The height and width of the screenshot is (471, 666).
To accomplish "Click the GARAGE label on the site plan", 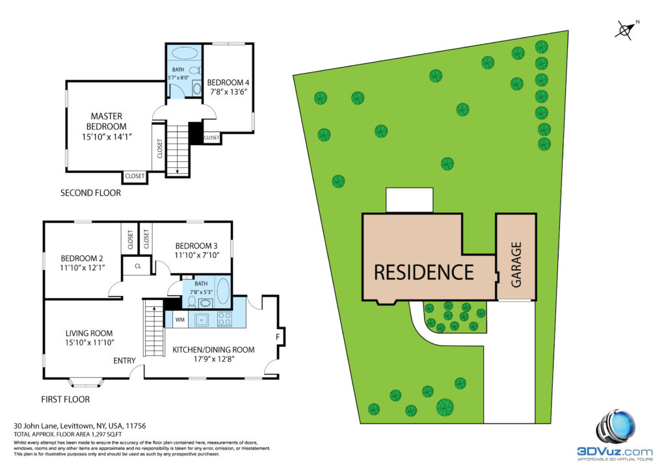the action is point(516,265).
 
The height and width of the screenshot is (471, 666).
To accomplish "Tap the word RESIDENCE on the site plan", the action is point(423,272).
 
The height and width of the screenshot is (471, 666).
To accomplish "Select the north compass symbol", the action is point(626,30).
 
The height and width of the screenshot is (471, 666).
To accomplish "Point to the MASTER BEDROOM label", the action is point(106,121).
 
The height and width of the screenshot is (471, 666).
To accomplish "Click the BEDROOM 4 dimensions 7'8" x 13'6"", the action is point(228,92).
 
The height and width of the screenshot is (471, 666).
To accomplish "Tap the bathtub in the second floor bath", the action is point(184,53).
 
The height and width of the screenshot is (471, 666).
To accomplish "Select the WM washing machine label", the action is point(180,319).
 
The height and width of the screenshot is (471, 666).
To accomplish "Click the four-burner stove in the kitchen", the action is point(224,319).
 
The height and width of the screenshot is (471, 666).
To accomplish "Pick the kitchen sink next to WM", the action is point(202,319).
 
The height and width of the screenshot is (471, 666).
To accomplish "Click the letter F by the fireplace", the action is point(278,337).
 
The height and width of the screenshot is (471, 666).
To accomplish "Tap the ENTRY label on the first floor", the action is point(124,360).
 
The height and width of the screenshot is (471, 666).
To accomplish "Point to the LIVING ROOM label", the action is point(89,333).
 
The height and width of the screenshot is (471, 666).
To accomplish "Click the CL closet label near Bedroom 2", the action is point(138,266).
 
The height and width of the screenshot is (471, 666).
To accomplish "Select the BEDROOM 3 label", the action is point(196,246).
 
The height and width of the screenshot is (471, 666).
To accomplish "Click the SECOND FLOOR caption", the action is point(90,193).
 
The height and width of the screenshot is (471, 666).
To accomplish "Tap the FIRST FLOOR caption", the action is point(66,399).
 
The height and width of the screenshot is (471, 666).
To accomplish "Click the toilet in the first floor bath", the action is point(192,301).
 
